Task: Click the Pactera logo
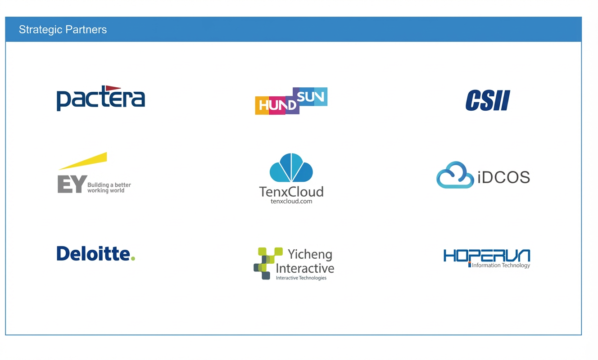[x=101, y=98]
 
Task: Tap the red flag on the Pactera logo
[x=113, y=88]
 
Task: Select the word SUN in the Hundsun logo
[x=310, y=97]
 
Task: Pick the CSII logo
[x=488, y=100]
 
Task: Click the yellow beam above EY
[x=83, y=161]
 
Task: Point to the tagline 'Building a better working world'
[x=109, y=188]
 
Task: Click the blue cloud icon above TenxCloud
[x=291, y=167]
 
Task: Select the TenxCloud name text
[x=291, y=192]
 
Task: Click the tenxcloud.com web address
[x=291, y=201]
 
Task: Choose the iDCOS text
[x=503, y=177]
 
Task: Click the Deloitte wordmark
[x=93, y=253]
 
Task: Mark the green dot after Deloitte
[x=133, y=258]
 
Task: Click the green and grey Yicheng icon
[x=268, y=263]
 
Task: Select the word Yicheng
[x=310, y=254]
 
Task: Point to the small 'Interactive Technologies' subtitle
[x=301, y=278]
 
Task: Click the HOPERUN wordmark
[x=487, y=256]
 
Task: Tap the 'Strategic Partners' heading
[x=63, y=30]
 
